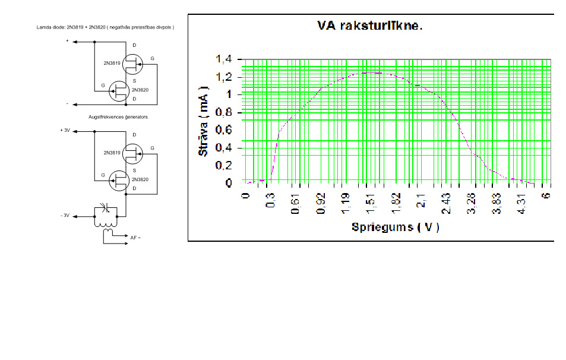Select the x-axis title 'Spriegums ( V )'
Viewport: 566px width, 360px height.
click(x=395, y=227)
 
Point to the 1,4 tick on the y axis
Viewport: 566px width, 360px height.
click(x=225, y=59)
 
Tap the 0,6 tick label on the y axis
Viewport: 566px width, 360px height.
click(x=225, y=130)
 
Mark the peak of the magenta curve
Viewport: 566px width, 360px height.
click(x=371, y=72)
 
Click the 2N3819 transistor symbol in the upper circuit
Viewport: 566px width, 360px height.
click(x=134, y=61)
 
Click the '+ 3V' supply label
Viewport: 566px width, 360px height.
click(x=65, y=130)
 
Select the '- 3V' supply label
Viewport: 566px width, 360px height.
click(x=65, y=216)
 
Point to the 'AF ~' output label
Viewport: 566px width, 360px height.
click(x=136, y=238)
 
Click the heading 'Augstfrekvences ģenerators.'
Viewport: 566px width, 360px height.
click(x=119, y=117)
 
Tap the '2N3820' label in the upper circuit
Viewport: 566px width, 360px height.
click(x=140, y=90)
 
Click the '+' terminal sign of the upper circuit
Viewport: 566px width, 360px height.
click(x=67, y=42)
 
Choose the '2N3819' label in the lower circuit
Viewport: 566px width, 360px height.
click(x=112, y=153)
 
